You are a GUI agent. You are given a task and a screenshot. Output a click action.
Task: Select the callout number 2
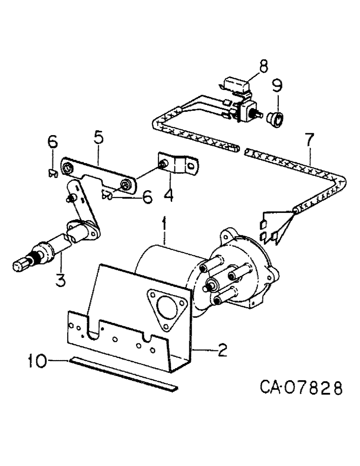tap(222, 349)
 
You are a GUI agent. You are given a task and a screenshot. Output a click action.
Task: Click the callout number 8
tap(264, 67)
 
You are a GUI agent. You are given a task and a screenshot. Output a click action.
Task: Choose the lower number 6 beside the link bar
tap(147, 199)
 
